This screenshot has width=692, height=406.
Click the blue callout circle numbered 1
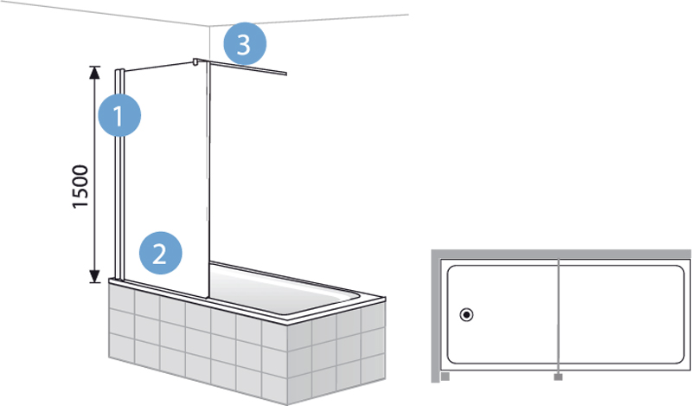[x=119, y=115]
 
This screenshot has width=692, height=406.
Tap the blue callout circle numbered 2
[x=160, y=253]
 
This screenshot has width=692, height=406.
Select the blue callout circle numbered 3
[x=245, y=44]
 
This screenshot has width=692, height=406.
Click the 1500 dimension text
[x=80, y=186]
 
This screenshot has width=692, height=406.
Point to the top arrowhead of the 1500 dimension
[x=94, y=73]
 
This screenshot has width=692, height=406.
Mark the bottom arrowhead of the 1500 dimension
[x=94, y=276]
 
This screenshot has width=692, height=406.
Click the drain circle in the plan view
[x=466, y=315]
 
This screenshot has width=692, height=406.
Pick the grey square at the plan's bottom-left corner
[x=445, y=377]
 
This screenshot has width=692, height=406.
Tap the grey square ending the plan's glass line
[x=558, y=377]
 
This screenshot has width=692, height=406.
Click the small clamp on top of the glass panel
[x=195, y=61]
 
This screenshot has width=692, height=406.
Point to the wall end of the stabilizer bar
[x=286, y=74]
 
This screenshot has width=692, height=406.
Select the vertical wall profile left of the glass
[x=119, y=175]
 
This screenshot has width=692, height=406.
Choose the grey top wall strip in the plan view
[x=561, y=254]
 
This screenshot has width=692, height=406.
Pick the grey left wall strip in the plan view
[x=436, y=316]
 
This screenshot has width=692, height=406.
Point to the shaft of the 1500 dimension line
[x=94, y=175]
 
